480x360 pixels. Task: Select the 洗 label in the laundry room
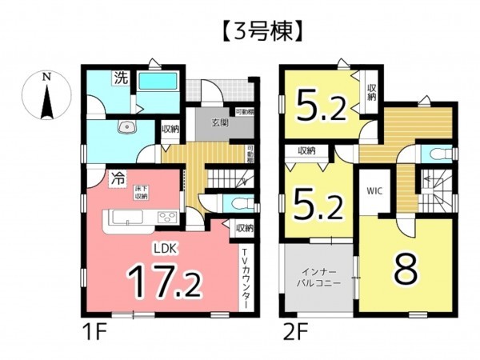coord(120,78)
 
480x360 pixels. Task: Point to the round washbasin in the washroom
coord(125,129)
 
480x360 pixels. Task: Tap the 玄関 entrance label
coord(220,122)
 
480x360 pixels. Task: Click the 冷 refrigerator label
coord(118,179)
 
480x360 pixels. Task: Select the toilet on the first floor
coord(234,204)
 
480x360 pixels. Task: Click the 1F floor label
coord(90,329)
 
